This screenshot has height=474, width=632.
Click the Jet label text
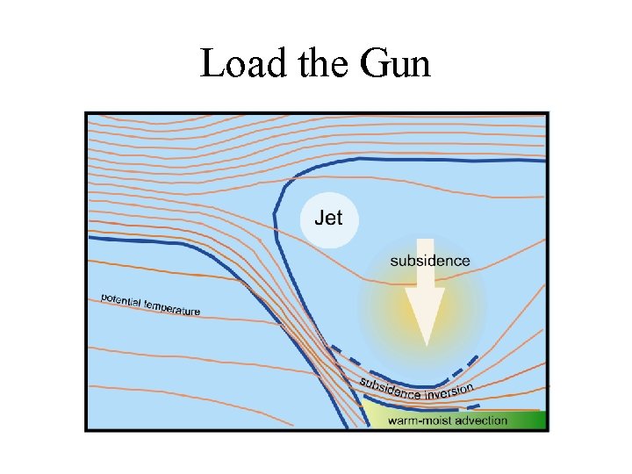[328, 217]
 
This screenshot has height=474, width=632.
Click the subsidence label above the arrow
[429, 261]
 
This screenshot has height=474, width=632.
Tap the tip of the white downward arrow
[425, 342]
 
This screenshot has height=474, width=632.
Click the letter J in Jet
[318, 217]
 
